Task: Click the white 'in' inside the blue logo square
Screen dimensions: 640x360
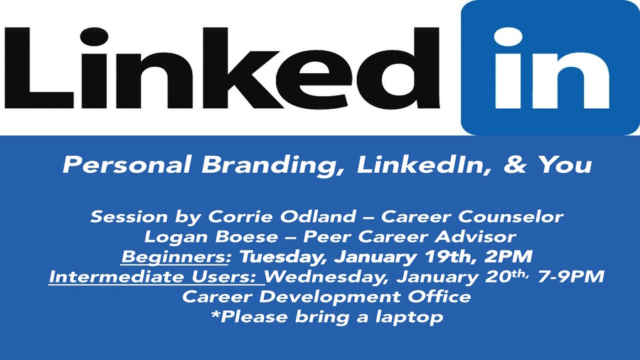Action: pyautogui.click(x=551, y=68)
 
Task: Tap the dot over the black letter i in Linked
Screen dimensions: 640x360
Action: pyautogui.click(x=95, y=37)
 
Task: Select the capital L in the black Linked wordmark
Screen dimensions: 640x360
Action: pyautogui.click(x=39, y=68)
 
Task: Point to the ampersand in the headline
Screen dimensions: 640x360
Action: pyautogui.click(x=515, y=164)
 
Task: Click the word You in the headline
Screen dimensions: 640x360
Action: pyautogui.click(x=565, y=164)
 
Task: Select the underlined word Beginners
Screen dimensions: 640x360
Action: pyautogui.click(x=176, y=257)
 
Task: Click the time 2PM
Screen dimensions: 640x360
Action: pyautogui.click(x=508, y=257)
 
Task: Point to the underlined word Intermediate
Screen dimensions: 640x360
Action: pyautogui.click(x=117, y=277)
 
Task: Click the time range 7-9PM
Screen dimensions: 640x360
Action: pyautogui.click(x=571, y=276)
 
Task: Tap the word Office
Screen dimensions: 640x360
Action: pyautogui.click(x=439, y=297)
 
